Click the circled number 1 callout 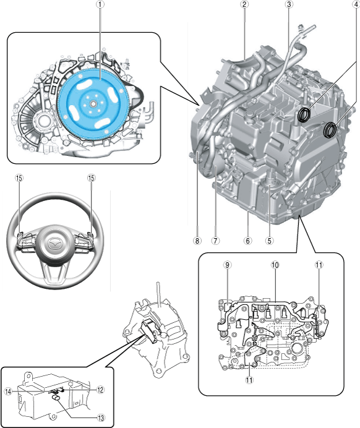[101, 4]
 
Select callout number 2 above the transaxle [244, 4]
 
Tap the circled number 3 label [289, 4]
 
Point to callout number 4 [356, 4]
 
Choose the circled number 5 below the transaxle [270, 241]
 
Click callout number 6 [248, 241]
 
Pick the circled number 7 [215, 241]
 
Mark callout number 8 [197, 241]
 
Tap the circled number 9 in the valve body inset [227, 265]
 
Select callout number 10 [275, 265]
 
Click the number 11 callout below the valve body [249, 380]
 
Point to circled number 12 [101, 390]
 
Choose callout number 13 [101, 417]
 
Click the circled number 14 [8, 391]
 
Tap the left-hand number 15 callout [19, 178]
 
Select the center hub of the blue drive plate [93, 104]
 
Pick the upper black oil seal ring [304, 114]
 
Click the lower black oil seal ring [330, 130]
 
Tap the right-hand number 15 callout [91, 178]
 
